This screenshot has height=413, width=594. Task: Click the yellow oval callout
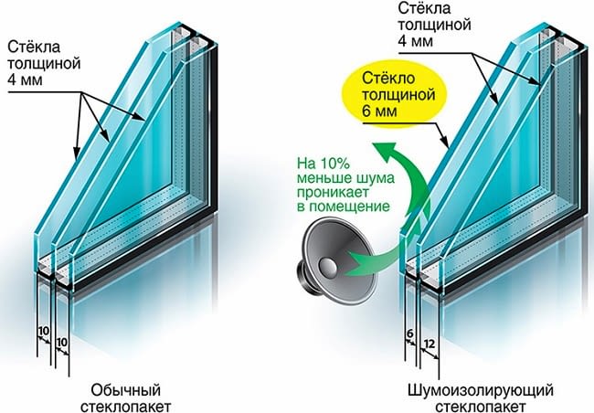[395, 96]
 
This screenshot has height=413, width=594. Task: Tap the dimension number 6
[410, 334]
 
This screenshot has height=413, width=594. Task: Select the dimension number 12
[430, 344]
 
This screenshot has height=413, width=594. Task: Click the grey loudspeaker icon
[336, 261]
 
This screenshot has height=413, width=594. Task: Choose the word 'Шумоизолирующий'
[481, 390]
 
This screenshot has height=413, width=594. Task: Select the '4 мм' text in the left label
[25, 80]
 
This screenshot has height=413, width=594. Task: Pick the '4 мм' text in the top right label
[415, 40]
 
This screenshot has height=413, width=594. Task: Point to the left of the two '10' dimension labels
[44, 331]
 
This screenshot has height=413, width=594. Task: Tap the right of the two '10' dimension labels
[61, 342]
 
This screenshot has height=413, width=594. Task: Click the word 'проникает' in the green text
[333, 192]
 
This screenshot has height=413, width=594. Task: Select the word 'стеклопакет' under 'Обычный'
[126, 407]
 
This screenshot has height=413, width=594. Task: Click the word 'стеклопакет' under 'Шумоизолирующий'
[481, 407]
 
